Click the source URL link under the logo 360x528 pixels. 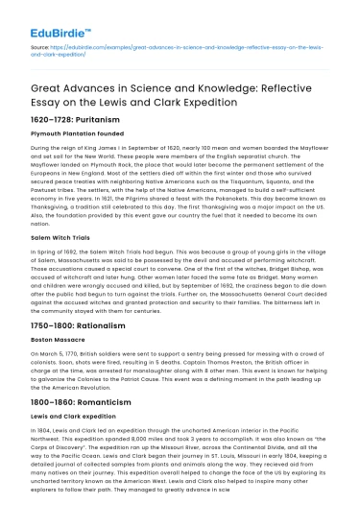click(182, 48)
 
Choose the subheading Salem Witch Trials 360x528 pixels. click(55, 261)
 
